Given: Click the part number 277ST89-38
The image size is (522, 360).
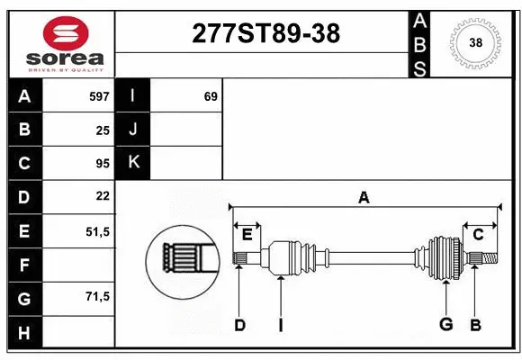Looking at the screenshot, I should (x=265, y=33).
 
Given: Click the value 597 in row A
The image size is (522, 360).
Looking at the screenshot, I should (x=98, y=96).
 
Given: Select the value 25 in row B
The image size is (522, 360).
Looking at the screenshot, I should (x=103, y=130).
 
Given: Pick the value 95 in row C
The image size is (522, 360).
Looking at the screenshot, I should (x=103, y=163).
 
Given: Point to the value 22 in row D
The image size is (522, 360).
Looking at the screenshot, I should (x=103, y=196).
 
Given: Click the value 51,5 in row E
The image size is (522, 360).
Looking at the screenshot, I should (x=97, y=230).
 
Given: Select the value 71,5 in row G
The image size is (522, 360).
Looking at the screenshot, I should (x=97, y=297).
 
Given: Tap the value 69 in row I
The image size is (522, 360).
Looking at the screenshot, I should (x=211, y=96).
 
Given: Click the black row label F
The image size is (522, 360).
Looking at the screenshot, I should (x=25, y=265).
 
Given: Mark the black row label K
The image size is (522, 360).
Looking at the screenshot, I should (x=133, y=163).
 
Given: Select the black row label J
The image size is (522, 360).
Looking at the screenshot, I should (x=133, y=130).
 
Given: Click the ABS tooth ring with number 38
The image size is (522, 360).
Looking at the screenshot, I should (x=474, y=42).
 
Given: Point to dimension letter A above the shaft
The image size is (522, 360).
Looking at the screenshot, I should (x=364, y=197).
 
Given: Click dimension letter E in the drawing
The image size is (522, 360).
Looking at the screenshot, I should (x=247, y=235).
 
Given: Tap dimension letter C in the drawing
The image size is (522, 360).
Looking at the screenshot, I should (x=479, y=235).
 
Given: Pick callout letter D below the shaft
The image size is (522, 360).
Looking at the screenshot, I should (x=239, y=325).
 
